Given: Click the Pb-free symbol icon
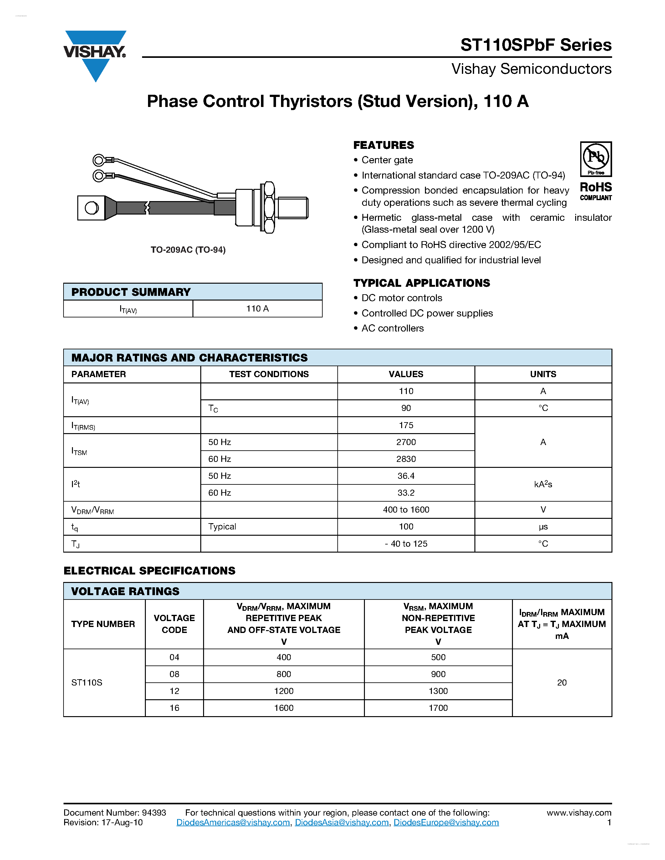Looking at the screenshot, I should (596, 158).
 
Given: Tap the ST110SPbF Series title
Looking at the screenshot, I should (535, 45).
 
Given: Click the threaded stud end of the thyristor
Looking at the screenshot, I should (292, 208).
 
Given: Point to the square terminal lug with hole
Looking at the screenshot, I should (91, 208).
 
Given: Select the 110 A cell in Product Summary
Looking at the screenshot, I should (257, 309).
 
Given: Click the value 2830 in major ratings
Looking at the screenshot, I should (406, 459).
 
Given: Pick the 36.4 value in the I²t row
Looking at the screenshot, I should (406, 476).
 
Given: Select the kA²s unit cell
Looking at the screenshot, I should (543, 484).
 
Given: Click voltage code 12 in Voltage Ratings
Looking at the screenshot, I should (174, 691).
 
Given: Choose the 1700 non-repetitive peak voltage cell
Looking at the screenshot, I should (438, 708).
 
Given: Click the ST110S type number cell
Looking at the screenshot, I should (87, 682).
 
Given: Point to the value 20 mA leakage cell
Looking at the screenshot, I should (562, 682).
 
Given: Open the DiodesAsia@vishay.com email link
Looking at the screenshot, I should (341, 822).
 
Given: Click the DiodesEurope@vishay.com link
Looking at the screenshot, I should (446, 822).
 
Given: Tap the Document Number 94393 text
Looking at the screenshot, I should (115, 813).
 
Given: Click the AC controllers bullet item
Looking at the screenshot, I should (392, 328).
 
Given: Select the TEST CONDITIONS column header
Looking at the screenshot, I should (269, 374).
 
